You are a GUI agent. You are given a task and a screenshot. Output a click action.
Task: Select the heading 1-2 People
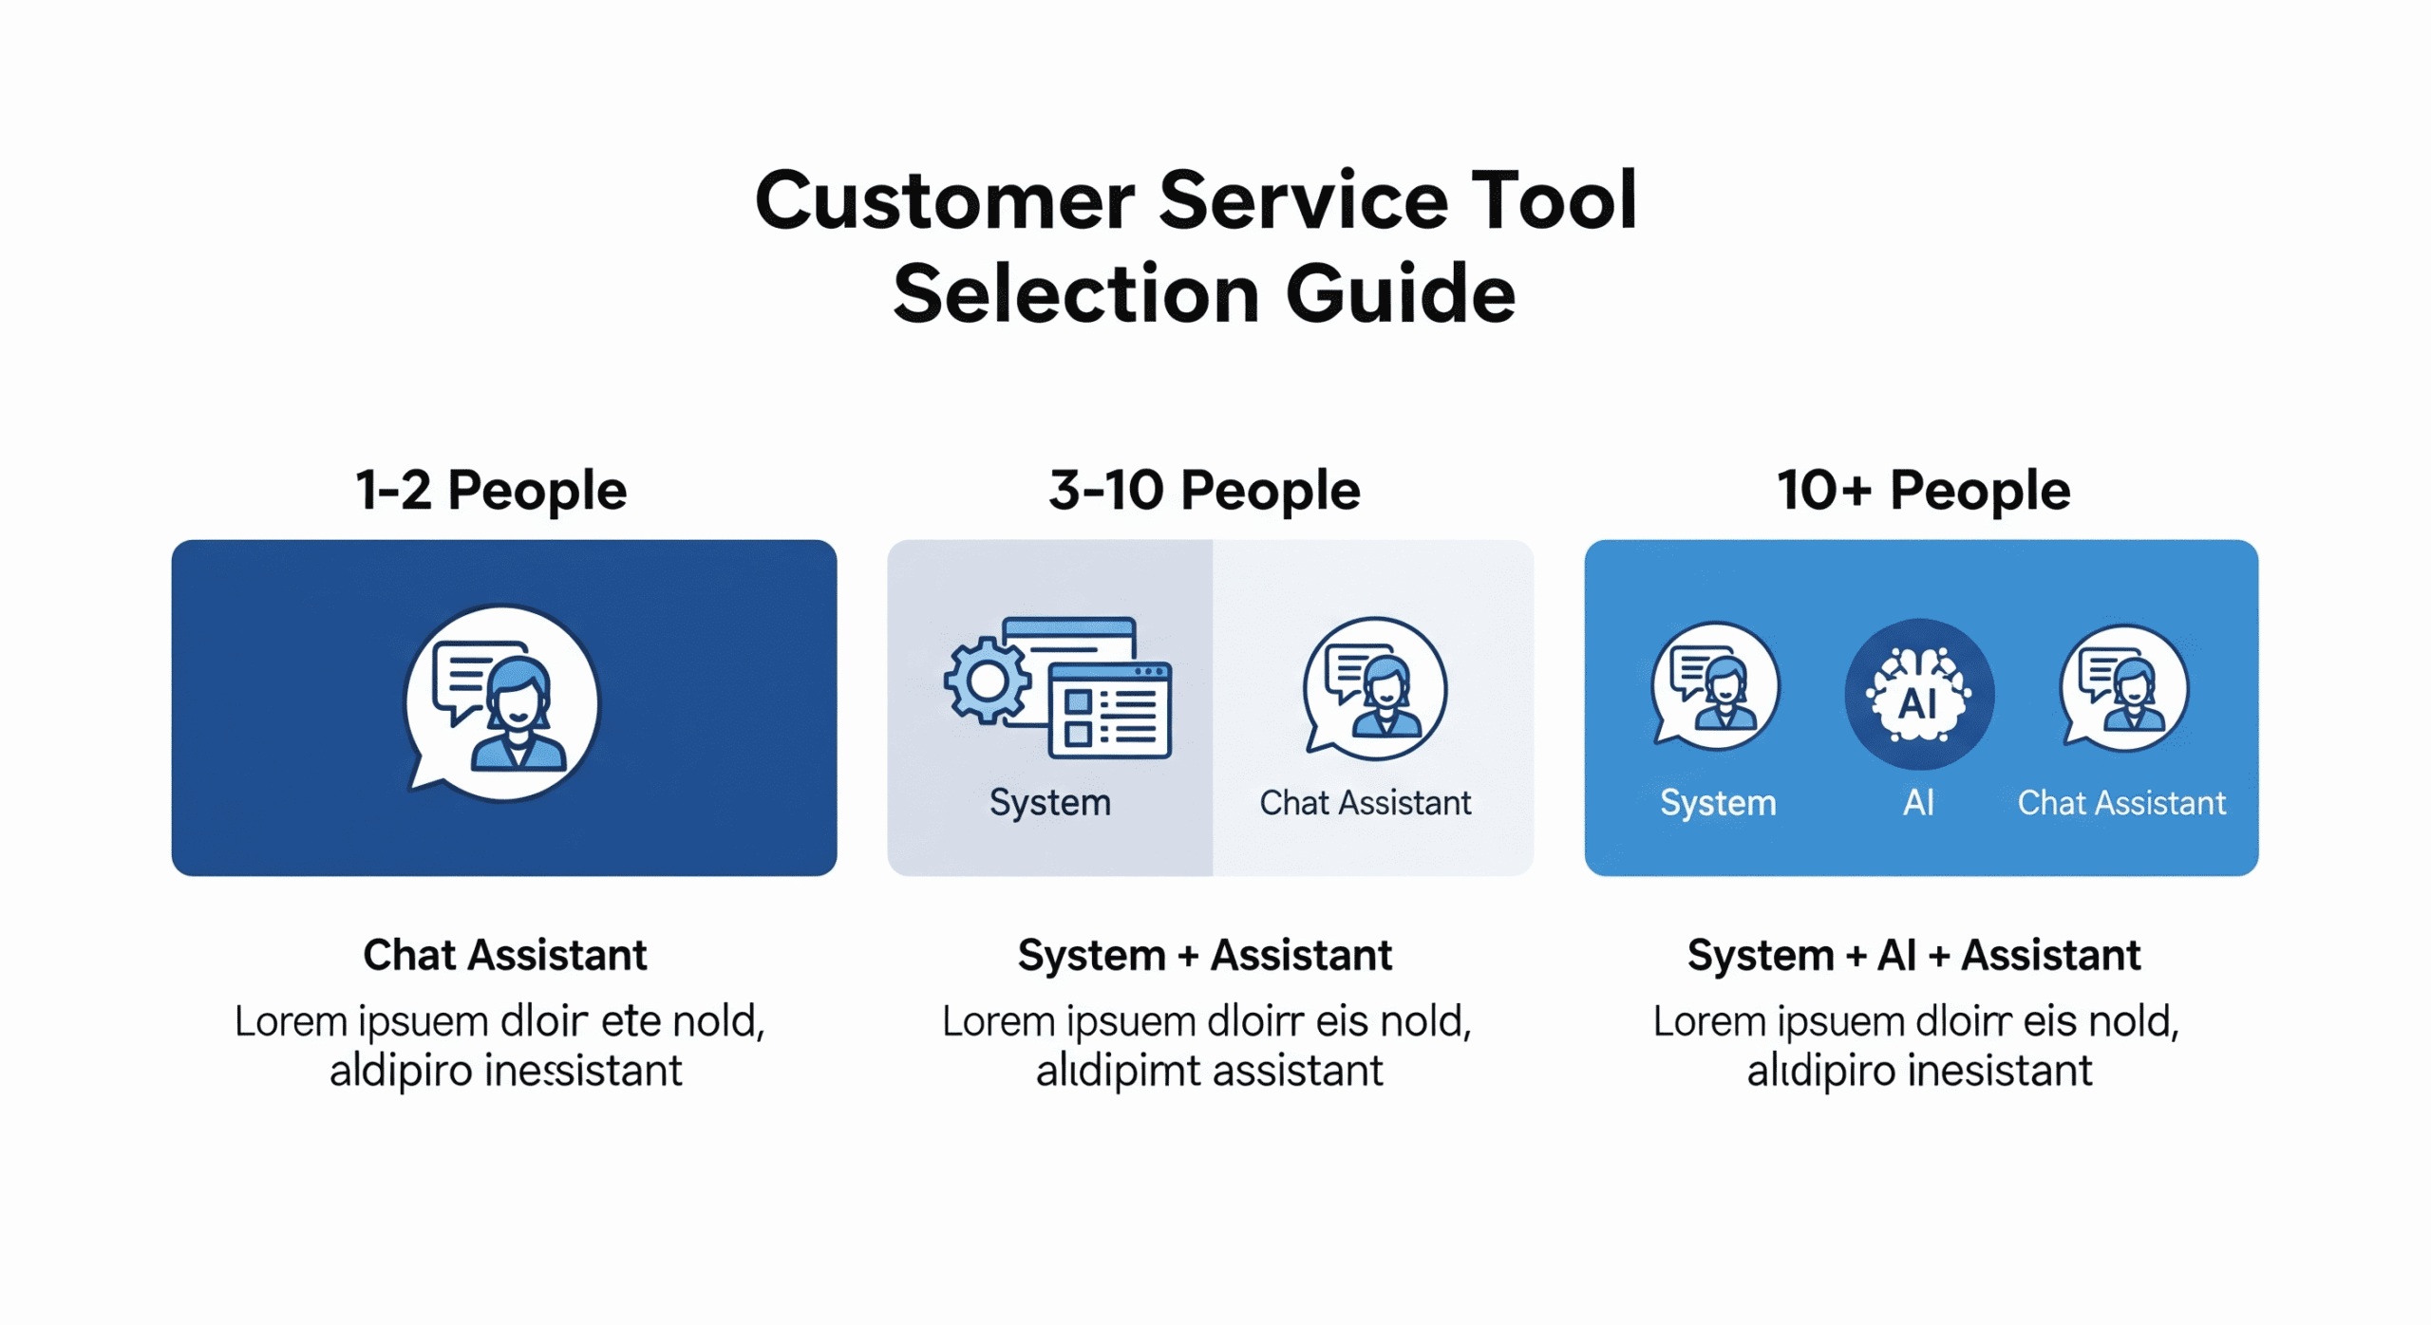[491, 491]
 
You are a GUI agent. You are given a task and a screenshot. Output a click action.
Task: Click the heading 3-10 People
[1204, 491]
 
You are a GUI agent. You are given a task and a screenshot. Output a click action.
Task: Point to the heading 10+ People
[1923, 491]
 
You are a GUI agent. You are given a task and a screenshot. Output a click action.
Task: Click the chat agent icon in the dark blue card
[502, 702]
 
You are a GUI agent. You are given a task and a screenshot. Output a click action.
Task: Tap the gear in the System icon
[988, 681]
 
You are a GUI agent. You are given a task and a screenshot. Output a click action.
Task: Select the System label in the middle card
[1050, 803]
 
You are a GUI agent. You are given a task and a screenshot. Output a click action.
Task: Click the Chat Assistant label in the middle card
[1366, 803]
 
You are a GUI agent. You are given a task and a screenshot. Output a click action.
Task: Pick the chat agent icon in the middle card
[1375, 688]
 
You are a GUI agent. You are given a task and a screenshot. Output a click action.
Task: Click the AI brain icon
[1919, 694]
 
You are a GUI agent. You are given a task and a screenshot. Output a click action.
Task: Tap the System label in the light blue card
[1718, 803]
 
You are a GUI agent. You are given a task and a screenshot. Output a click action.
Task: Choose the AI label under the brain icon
[1919, 803]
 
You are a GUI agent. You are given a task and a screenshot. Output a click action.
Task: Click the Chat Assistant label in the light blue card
[2121, 803]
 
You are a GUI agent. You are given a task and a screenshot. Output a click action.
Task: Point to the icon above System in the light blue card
[1715, 685]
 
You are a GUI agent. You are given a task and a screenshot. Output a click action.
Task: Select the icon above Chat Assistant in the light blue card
[2124, 687]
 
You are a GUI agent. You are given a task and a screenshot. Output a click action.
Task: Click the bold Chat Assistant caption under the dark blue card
[504, 955]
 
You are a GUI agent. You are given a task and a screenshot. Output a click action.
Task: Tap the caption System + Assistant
[1204, 955]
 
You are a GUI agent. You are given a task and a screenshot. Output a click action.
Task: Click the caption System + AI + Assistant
[1913, 955]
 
